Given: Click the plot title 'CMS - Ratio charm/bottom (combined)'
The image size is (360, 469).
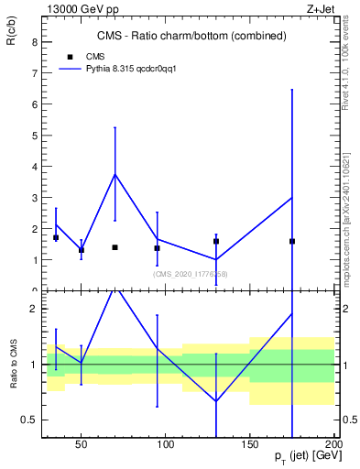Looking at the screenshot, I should click(191, 36).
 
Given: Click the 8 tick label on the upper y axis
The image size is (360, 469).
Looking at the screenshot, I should click(34, 42).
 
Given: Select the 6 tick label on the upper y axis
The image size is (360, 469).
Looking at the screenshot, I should click(34, 104).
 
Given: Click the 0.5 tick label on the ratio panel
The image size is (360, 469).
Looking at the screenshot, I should click(28, 420).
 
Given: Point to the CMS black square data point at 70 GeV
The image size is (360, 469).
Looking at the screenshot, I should click(115, 247).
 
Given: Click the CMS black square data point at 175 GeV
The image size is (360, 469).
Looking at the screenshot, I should click(292, 241).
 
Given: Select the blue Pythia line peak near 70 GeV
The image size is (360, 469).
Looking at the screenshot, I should click(115, 174).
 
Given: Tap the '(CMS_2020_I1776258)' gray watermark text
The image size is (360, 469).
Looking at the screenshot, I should click(190, 274).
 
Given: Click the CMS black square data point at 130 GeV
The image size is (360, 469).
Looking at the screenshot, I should click(216, 241).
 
